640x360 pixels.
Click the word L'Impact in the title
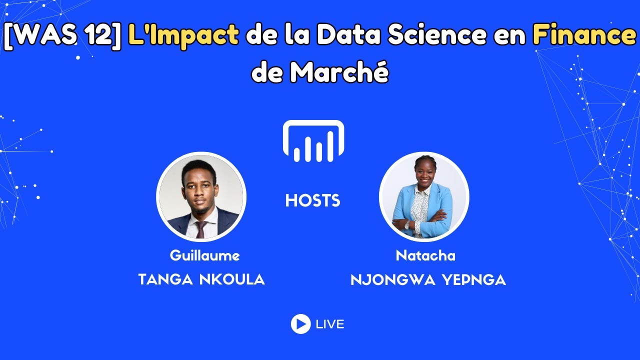pyautogui.click(x=183, y=35)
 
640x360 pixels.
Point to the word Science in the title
pyautogui.click(x=432, y=35)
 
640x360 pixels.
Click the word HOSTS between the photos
pyautogui.click(x=313, y=201)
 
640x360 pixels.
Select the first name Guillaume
pyautogui.click(x=204, y=255)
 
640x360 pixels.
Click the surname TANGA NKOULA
pyautogui.click(x=201, y=279)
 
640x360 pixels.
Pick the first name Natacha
pyautogui.click(x=425, y=255)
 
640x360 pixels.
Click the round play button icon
pyautogui.click(x=300, y=324)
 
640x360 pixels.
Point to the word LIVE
pyautogui.click(x=330, y=324)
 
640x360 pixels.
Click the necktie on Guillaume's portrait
pyautogui.click(x=200, y=229)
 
